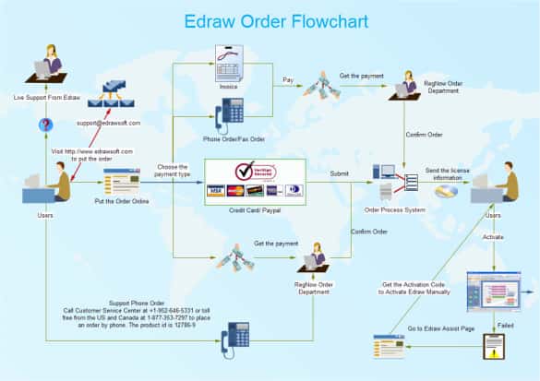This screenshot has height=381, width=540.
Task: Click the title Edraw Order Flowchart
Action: [x=270, y=20]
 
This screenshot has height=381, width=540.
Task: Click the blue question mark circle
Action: [x=45, y=125]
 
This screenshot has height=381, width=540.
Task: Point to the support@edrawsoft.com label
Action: [x=108, y=122]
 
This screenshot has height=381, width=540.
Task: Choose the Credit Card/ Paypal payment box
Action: [x=254, y=179]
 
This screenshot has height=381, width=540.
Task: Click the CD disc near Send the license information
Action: [x=447, y=192]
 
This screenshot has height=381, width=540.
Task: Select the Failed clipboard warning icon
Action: [x=494, y=345]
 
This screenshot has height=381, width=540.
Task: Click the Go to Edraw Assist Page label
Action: [x=440, y=329]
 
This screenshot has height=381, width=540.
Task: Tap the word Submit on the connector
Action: [x=341, y=173]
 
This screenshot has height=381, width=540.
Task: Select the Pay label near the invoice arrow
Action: [x=289, y=80]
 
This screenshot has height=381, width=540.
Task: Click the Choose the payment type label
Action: [x=174, y=171]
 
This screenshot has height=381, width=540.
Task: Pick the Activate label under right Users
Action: [x=494, y=237]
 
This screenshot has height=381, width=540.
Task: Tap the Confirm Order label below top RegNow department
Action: [x=424, y=135]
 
